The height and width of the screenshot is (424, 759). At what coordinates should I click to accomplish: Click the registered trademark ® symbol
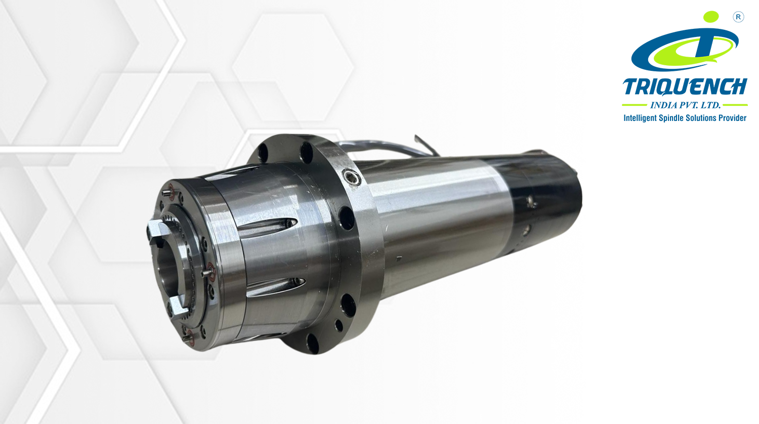pos(738,17)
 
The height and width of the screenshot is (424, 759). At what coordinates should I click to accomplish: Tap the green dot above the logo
pos(711,17)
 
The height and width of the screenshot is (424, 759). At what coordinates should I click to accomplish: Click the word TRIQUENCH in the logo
pos(685,87)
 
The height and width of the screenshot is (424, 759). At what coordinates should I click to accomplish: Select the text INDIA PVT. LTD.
pos(685,105)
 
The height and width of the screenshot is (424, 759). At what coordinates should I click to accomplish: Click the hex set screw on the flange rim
pos(351,177)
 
